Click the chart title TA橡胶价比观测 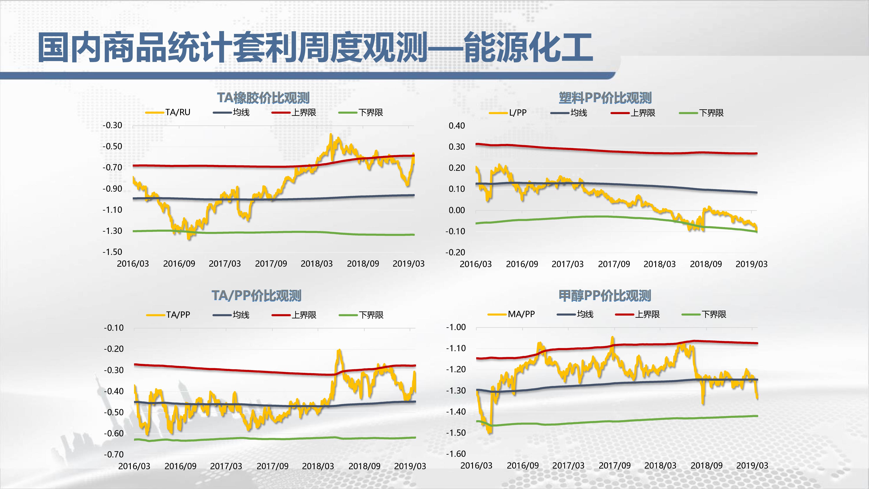[x=263, y=98]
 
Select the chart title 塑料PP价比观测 [x=605, y=98]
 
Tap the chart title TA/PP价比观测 [x=256, y=296]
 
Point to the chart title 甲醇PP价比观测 [x=605, y=296]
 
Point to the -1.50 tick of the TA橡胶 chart [x=112, y=252]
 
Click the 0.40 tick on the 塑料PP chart [x=456, y=126]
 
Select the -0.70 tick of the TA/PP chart [x=114, y=454]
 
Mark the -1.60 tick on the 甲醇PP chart [x=456, y=454]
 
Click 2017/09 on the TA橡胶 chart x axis [x=271, y=264]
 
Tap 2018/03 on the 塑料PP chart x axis [x=660, y=264]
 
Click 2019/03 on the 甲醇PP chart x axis [x=752, y=465]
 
